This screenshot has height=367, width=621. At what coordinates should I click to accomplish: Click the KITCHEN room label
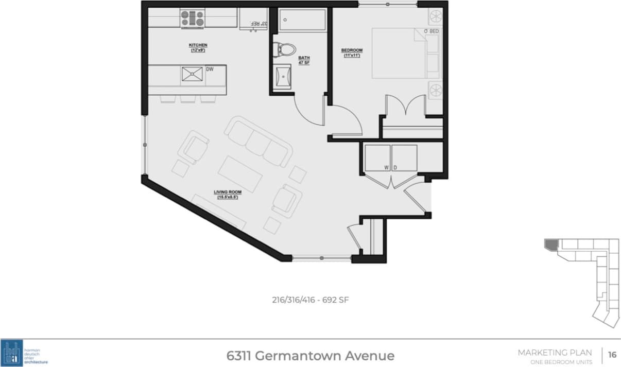pyautogui.click(x=198, y=45)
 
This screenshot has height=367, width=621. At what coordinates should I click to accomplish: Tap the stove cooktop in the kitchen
pyautogui.click(x=193, y=19)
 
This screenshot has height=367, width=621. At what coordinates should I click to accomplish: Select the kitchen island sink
pyautogui.click(x=192, y=75)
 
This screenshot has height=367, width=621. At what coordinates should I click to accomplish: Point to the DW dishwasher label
pyautogui.click(x=210, y=68)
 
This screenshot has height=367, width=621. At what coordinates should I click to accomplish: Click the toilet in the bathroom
pyautogui.click(x=285, y=49)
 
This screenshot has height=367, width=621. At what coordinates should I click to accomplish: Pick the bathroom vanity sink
pyautogui.click(x=283, y=77)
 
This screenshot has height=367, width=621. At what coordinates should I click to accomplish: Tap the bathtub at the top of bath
pyautogui.click(x=302, y=21)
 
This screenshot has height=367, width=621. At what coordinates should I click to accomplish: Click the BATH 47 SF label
pyautogui.click(x=304, y=60)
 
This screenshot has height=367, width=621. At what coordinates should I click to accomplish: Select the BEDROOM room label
pyautogui.click(x=352, y=50)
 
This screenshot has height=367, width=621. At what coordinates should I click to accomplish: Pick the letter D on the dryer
pyautogui.click(x=395, y=167)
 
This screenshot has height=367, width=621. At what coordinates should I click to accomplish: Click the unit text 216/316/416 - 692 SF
pyautogui.click(x=310, y=300)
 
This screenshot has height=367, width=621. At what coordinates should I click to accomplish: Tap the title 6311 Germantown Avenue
pyautogui.click(x=310, y=356)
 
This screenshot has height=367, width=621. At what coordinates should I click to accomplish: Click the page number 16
pyautogui.click(x=612, y=355)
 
